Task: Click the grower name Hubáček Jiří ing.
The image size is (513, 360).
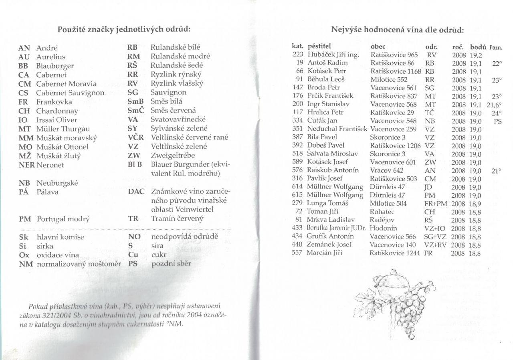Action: coord(333,55)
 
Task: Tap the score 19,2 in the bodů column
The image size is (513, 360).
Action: coord(476,55)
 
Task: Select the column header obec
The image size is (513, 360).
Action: coord(378,46)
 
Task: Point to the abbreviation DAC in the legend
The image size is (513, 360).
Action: coord(136,192)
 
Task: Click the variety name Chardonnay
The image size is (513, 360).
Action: coord(57,111)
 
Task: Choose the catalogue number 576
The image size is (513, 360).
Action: coord(297,170)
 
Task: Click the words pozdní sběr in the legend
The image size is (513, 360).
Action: coord(171,264)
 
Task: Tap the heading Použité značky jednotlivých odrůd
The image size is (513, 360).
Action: coord(124,29)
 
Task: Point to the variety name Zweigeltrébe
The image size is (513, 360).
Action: coord(173,156)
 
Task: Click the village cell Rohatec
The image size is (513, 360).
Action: coord(382,211)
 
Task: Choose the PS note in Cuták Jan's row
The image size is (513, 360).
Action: coord(497,121)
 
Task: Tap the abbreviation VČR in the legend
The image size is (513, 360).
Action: coord(135,138)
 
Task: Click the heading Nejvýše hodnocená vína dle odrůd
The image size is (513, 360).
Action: coord(398,30)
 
